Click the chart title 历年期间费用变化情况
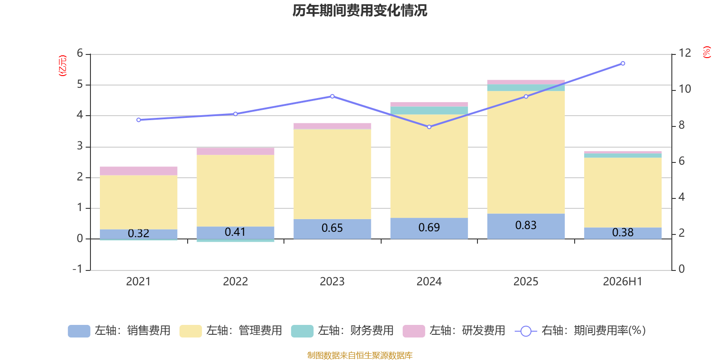(x=360, y=11)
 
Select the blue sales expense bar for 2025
(x=526, y=226)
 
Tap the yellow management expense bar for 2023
(x=332, y=174)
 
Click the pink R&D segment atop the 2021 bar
(x=139, y=171)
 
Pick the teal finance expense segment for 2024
(x=429, y=111)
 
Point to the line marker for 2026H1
(x=623, y=63)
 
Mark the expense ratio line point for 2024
(x=429, y=127)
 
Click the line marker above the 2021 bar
(x=139, y=120)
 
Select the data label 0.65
(x=332, y=228)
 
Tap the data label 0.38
(x=623, y=232)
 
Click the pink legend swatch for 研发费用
(x=414, y=331)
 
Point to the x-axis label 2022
(x=235, y=282)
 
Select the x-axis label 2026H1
(x=623, y=282)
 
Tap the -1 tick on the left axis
(x=78, y=269)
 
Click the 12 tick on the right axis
(x=684, y=53)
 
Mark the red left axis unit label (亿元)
(x=63, y=66)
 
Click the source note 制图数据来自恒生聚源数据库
(x=360, y=355)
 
